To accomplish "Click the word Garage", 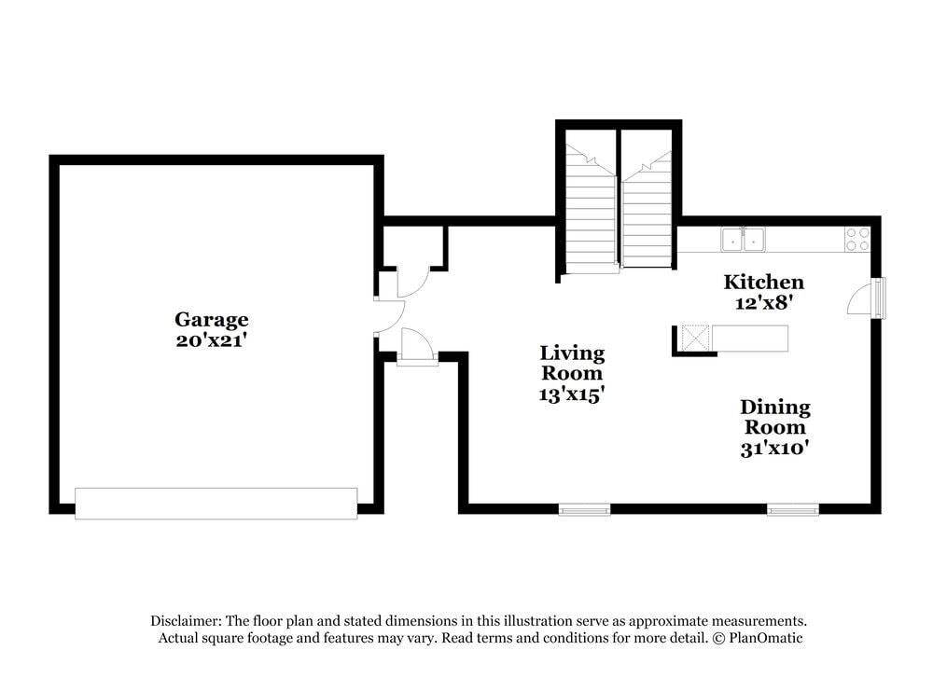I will (212, 320).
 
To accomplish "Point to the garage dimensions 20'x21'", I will (212, 340).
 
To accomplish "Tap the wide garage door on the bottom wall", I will (216, 503).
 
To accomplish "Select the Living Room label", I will (572, 364).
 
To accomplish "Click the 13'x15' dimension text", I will (572, 394).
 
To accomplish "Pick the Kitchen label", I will (764, 282).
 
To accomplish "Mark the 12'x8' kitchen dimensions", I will (764, 302).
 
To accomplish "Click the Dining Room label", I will (775, 417).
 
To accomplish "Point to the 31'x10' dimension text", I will (775, 448).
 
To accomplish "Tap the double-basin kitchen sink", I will (744, 240).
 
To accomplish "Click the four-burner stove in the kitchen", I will (857, 239).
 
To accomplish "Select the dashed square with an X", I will (694, 337).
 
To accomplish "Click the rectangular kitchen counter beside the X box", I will (749, 338).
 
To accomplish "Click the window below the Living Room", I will (584, 509).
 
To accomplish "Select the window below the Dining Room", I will (793, 509).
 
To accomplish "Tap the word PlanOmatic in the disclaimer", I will (766, 639).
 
